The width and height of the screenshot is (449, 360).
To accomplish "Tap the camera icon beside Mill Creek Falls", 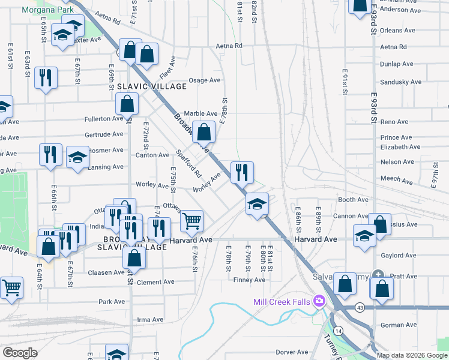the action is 320,301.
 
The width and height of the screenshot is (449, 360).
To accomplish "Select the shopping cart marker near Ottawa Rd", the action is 191,221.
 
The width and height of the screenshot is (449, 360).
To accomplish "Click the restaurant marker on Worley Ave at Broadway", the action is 242,173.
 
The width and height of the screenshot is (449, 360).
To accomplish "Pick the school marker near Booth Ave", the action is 257,205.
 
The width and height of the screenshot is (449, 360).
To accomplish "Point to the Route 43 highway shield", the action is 360,308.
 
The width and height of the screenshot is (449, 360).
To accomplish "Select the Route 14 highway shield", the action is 339,331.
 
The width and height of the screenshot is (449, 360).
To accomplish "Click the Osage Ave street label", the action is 205,80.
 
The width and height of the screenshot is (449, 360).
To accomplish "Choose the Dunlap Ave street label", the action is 396,64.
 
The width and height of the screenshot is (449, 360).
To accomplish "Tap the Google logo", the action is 20,353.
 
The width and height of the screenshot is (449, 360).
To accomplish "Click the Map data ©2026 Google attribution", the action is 412,355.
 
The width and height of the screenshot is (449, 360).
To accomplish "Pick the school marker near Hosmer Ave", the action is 77,158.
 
